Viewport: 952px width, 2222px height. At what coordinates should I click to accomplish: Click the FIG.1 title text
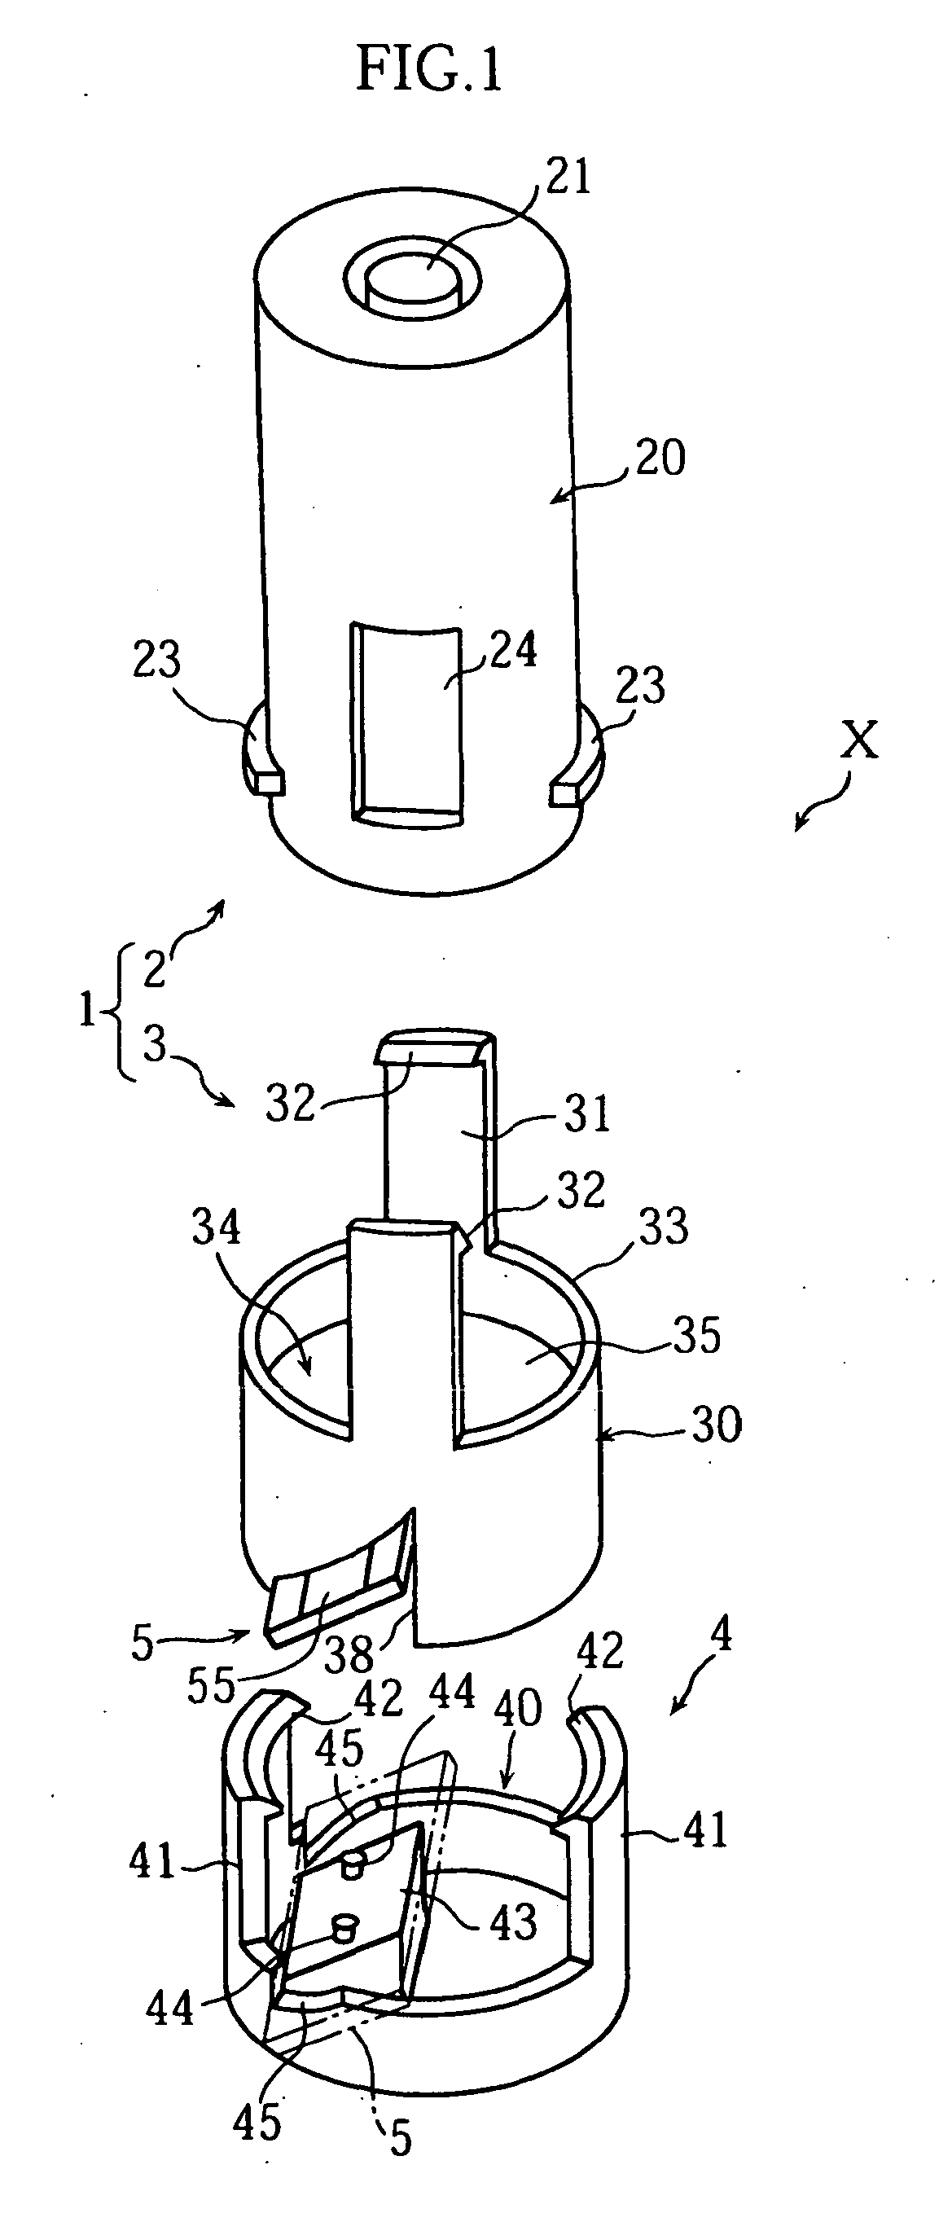point(428,70)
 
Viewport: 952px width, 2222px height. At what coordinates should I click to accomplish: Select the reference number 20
point(660,457)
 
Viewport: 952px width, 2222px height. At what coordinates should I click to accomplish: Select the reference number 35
point(697,1335)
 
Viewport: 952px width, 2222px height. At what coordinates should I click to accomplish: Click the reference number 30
point(716,1424)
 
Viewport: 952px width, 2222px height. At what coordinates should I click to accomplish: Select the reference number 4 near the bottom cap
point(721,1635)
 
